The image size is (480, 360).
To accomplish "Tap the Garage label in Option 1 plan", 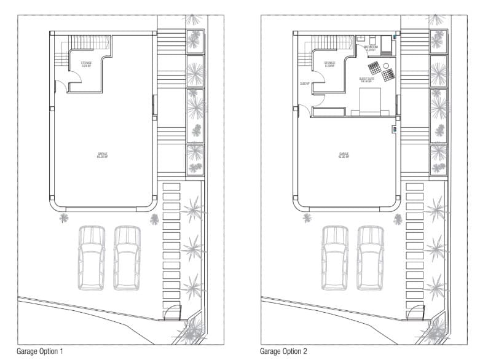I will tap(102, 155).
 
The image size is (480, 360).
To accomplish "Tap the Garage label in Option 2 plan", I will tap(344, 155).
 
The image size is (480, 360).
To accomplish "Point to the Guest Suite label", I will tap(366, 79).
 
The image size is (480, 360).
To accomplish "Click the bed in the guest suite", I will tap(369, 101).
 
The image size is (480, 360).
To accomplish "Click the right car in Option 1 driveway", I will tap(127, 257).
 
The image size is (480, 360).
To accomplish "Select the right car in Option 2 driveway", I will tap(371, 257).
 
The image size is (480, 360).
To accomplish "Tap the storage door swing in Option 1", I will tap(74, 78).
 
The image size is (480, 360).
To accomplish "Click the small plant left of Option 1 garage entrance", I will tap(63, 217).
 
